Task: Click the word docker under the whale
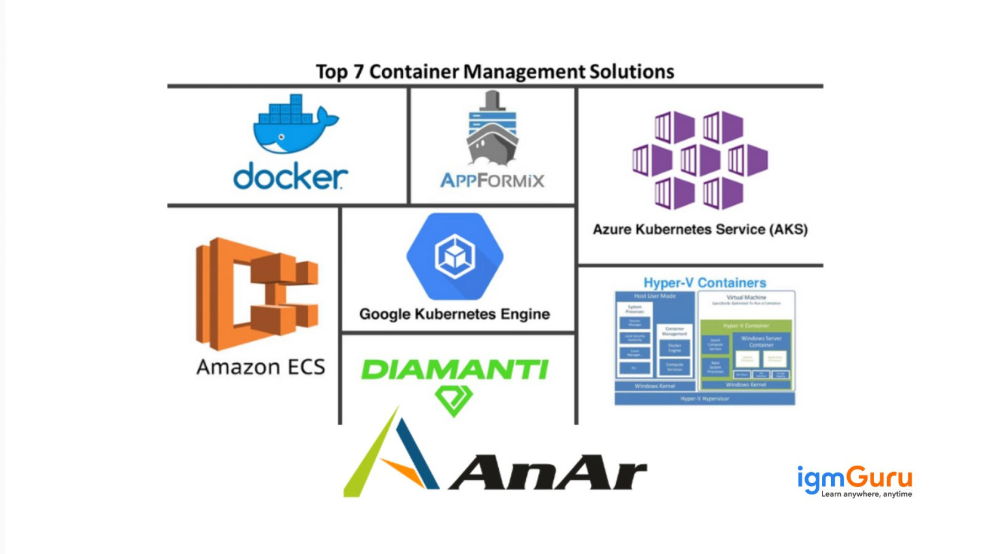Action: click(291, 177)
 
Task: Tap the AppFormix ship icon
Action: click(492, 130)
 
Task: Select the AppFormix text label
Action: click(492, 181)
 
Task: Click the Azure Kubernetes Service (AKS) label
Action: click(700, 230)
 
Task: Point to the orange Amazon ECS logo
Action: click(257, 294)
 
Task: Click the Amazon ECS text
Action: click(260, 367)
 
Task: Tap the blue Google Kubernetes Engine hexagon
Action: click(455, 255)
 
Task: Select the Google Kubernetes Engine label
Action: click(454, 314)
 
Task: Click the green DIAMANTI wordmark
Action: click(454, 370)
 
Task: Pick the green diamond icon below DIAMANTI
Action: click(454, 399)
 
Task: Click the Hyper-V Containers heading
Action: click(705, 283)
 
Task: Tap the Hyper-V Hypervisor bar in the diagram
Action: click(705, 399)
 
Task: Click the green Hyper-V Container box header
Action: click(746, 325)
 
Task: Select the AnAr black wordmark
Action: click(548, 473)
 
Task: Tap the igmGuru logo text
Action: click(854, 478)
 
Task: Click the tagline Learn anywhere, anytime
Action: click(866, 494)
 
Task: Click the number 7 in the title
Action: click(358, 72)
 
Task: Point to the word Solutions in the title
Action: click(632, 72)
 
